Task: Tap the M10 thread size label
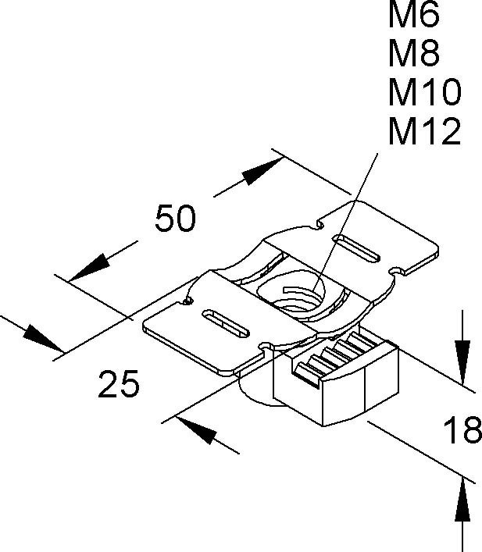coord(425,94)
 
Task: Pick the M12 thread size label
coord(425,134)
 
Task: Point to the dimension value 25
coord(119,383)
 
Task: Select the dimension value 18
coord(462,430)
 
